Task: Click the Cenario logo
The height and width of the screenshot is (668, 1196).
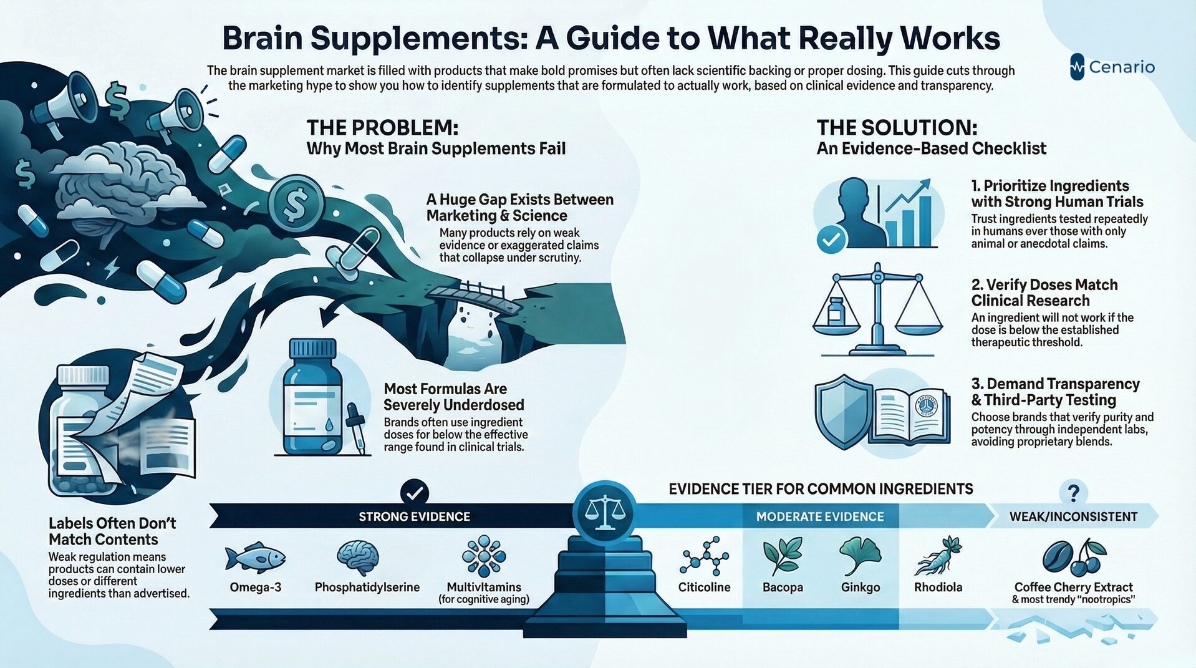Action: pyautogui.click(x=1112, y=67)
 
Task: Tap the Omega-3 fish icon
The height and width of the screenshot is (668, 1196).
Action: pyautogui.click(x=254, y=556)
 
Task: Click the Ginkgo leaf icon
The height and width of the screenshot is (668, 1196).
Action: pyautogui.click(x=861, y=556)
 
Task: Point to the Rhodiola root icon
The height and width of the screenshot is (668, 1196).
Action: pyautogui.click(x=938, y=556)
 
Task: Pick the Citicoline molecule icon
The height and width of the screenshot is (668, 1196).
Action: pyautogui.click(x=704, y=556)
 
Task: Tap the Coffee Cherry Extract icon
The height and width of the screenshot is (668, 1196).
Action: pyautogui.click(x=1074, y=557)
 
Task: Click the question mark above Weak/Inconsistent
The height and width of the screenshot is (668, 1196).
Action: pyautogui.click(x=1073, y=493)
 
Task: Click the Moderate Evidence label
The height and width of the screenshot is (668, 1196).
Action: pyautogui.click(x=819, y=516)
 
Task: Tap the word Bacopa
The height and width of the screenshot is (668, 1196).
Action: pyautogui.click(x=783, y=588)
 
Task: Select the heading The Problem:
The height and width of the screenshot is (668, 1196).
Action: pyautogui.click(x=382, y=128)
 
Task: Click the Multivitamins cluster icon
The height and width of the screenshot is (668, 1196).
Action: pyautogui.click(x=483, y=556)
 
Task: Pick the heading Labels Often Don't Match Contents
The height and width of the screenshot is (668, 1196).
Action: pyautogui.click(x=112, y=531)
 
